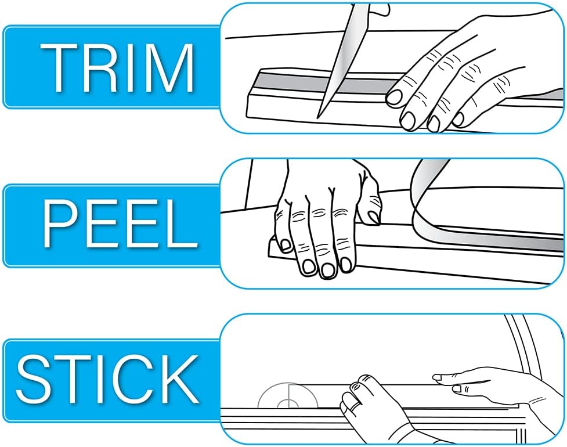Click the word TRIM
(117, 67)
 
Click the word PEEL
(120, 224)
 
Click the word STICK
(108, 380)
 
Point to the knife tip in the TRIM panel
(317, 117)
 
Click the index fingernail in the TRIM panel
(394, 97)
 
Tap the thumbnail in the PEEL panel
(374, 218)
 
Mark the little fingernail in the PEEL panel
(286, 245)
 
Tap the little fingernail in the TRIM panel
(458, 120)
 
